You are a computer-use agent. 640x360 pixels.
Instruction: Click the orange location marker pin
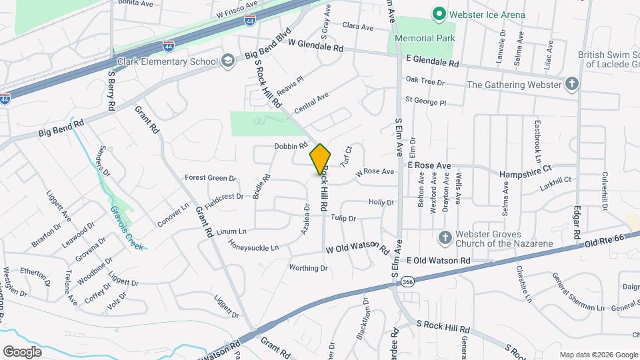click(x=320, y=159)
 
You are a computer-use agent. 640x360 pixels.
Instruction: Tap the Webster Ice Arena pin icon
click(x=439, y=13)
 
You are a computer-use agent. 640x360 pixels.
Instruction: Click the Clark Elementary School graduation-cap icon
click(x=229, y=61)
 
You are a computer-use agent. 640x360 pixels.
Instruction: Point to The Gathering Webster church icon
click(x=571, y=85)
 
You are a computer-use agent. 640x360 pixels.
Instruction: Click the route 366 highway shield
click(x=408, y=283)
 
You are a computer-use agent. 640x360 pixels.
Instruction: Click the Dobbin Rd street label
click(x=290, y=146)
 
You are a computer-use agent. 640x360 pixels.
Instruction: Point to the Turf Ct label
click(x=345, y=157)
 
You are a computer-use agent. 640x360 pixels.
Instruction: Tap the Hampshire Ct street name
click(x=527, y=171)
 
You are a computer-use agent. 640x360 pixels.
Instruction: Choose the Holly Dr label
click(x=382, y=202)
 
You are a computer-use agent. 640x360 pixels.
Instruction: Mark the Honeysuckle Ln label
click(x=254, y=247)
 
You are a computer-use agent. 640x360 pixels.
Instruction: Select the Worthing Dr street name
click(x=309, y=268)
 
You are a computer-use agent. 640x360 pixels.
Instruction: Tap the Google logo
click(x=23, y=351)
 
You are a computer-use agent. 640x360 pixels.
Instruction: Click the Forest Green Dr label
click(x=211, y=178)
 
